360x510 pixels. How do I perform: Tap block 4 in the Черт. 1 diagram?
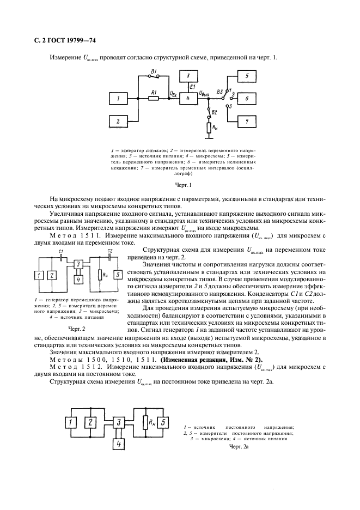tap(188, 99)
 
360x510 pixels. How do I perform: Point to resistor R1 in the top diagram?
tap(154, 99)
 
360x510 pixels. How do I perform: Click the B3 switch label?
tap(219, 92)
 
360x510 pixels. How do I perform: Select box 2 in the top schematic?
tap(117, 120)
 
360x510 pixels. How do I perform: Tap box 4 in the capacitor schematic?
tap(78, 280)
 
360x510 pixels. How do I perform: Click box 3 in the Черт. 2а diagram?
tap(118, 422)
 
